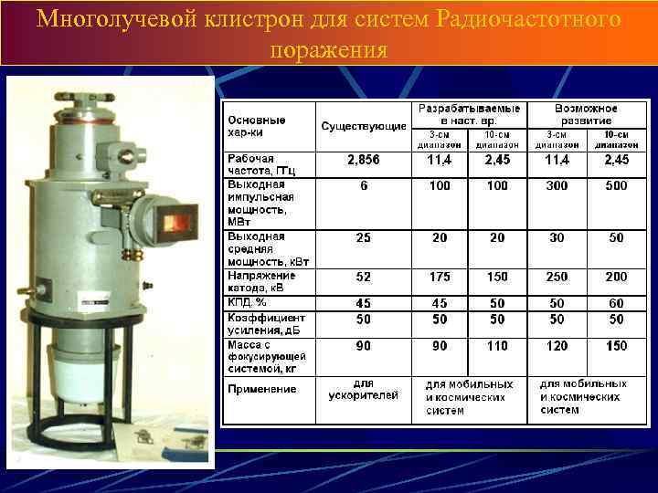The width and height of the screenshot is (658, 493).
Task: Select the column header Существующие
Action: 364,126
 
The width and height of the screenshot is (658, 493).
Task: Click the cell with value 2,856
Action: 364,160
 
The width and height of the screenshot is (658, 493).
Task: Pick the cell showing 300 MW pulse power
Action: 557,185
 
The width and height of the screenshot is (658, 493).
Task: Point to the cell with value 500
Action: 616,185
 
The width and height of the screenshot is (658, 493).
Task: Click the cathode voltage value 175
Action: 440,276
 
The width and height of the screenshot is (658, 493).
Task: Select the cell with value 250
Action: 557,276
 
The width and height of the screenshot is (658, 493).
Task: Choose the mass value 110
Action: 497,346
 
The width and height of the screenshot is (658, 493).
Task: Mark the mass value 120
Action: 557,346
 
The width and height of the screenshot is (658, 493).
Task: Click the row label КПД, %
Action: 247,302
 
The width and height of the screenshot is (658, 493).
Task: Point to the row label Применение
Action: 262,389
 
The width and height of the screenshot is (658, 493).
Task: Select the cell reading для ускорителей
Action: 364,389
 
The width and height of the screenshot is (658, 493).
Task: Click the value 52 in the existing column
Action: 364,276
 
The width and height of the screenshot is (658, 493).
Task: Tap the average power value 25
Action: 364,237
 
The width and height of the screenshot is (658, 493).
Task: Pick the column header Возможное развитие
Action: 586,114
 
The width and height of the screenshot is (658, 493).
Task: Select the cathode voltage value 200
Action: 616,276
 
